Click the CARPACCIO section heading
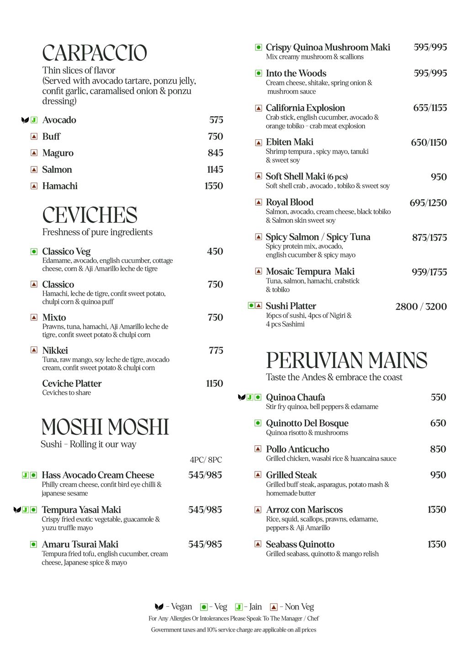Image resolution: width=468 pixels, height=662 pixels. coord(95,53)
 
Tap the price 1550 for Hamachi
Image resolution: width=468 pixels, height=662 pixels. coord(213,186)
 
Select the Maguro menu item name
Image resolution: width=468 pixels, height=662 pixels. coord(58,153)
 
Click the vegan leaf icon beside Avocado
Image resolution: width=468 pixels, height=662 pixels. coord(25,120)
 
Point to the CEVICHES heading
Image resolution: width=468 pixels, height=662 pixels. coord(90,215)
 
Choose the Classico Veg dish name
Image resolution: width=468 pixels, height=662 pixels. coord(66,251)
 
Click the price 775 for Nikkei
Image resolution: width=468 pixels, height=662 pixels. coord(216,351)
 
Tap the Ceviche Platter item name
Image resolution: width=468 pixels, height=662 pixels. coord(72,384)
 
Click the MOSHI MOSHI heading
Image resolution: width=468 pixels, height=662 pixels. coord(105,427)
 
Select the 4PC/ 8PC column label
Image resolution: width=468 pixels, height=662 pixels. coord(206,460)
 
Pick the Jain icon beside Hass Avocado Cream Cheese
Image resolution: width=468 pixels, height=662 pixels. coord(26,475)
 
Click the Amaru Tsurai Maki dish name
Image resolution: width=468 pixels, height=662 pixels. coord(80,545)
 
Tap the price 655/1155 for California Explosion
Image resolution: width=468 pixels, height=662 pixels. coord(430,108)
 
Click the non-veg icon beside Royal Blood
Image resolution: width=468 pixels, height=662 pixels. coord(258,203)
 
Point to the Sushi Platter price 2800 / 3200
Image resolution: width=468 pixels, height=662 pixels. coord(421,306)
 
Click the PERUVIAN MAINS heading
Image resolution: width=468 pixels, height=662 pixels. coord(346,360)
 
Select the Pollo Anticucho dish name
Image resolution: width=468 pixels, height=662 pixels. coord(298,449)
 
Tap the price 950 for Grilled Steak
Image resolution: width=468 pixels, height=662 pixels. coord(438,475)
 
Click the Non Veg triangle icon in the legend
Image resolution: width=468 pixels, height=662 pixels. coord(274,607)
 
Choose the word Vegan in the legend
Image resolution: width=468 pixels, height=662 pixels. coord(181,607)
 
